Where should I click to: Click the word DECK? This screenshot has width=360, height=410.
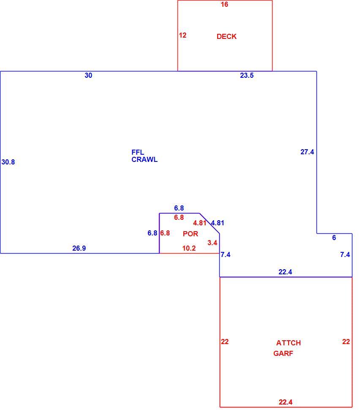tap(226, 36)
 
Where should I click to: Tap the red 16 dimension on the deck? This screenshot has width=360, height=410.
tap(224, 5)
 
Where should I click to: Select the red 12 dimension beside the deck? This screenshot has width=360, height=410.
tap(183, 35)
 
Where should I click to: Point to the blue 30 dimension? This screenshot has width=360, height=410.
tap(88, 75)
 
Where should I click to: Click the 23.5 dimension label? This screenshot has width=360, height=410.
tap(247, 75)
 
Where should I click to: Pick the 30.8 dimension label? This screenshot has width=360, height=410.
tap(8, 162)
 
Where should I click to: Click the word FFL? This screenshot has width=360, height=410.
tap(137, 152)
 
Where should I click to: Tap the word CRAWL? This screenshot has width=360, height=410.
tap(145, 159)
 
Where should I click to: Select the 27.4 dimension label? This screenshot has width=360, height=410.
tap(307, 152)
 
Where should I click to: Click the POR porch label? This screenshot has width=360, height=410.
tap(190, 234)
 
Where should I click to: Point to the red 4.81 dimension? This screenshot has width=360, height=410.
tap(200, 223)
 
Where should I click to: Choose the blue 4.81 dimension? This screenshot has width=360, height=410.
tap(217, 223)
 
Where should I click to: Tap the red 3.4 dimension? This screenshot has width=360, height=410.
tap(212, 243)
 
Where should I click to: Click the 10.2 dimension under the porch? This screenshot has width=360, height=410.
tap(189, 248)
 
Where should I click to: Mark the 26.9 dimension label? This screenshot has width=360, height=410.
tap(79, 248)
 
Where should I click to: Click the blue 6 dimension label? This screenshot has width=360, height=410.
tap(334, 238)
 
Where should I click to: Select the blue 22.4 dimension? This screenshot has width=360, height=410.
tap(285, 272)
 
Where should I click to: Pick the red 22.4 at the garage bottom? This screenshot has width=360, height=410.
tap(286, 402)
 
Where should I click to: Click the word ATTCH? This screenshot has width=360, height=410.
tap(288, 343)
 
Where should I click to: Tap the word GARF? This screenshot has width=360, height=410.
tap(283, 353)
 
